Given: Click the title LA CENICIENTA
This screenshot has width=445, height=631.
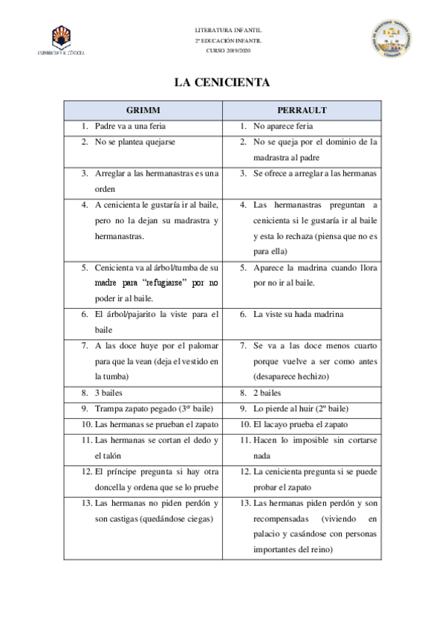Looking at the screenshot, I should click(x=221, y=82).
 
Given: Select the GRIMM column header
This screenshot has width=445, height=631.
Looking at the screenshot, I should click(x=143, y=109).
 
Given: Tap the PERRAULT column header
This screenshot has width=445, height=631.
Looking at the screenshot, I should click(x=302, y=109).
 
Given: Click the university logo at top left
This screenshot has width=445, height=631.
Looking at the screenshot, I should click(x=60, y=40).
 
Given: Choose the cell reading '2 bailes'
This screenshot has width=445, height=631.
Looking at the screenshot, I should click(x=267, y=392).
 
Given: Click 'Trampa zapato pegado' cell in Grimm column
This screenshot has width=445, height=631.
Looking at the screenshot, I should click(x=143, y=409).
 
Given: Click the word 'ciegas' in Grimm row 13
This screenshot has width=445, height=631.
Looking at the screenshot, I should click(x=198, y=518).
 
